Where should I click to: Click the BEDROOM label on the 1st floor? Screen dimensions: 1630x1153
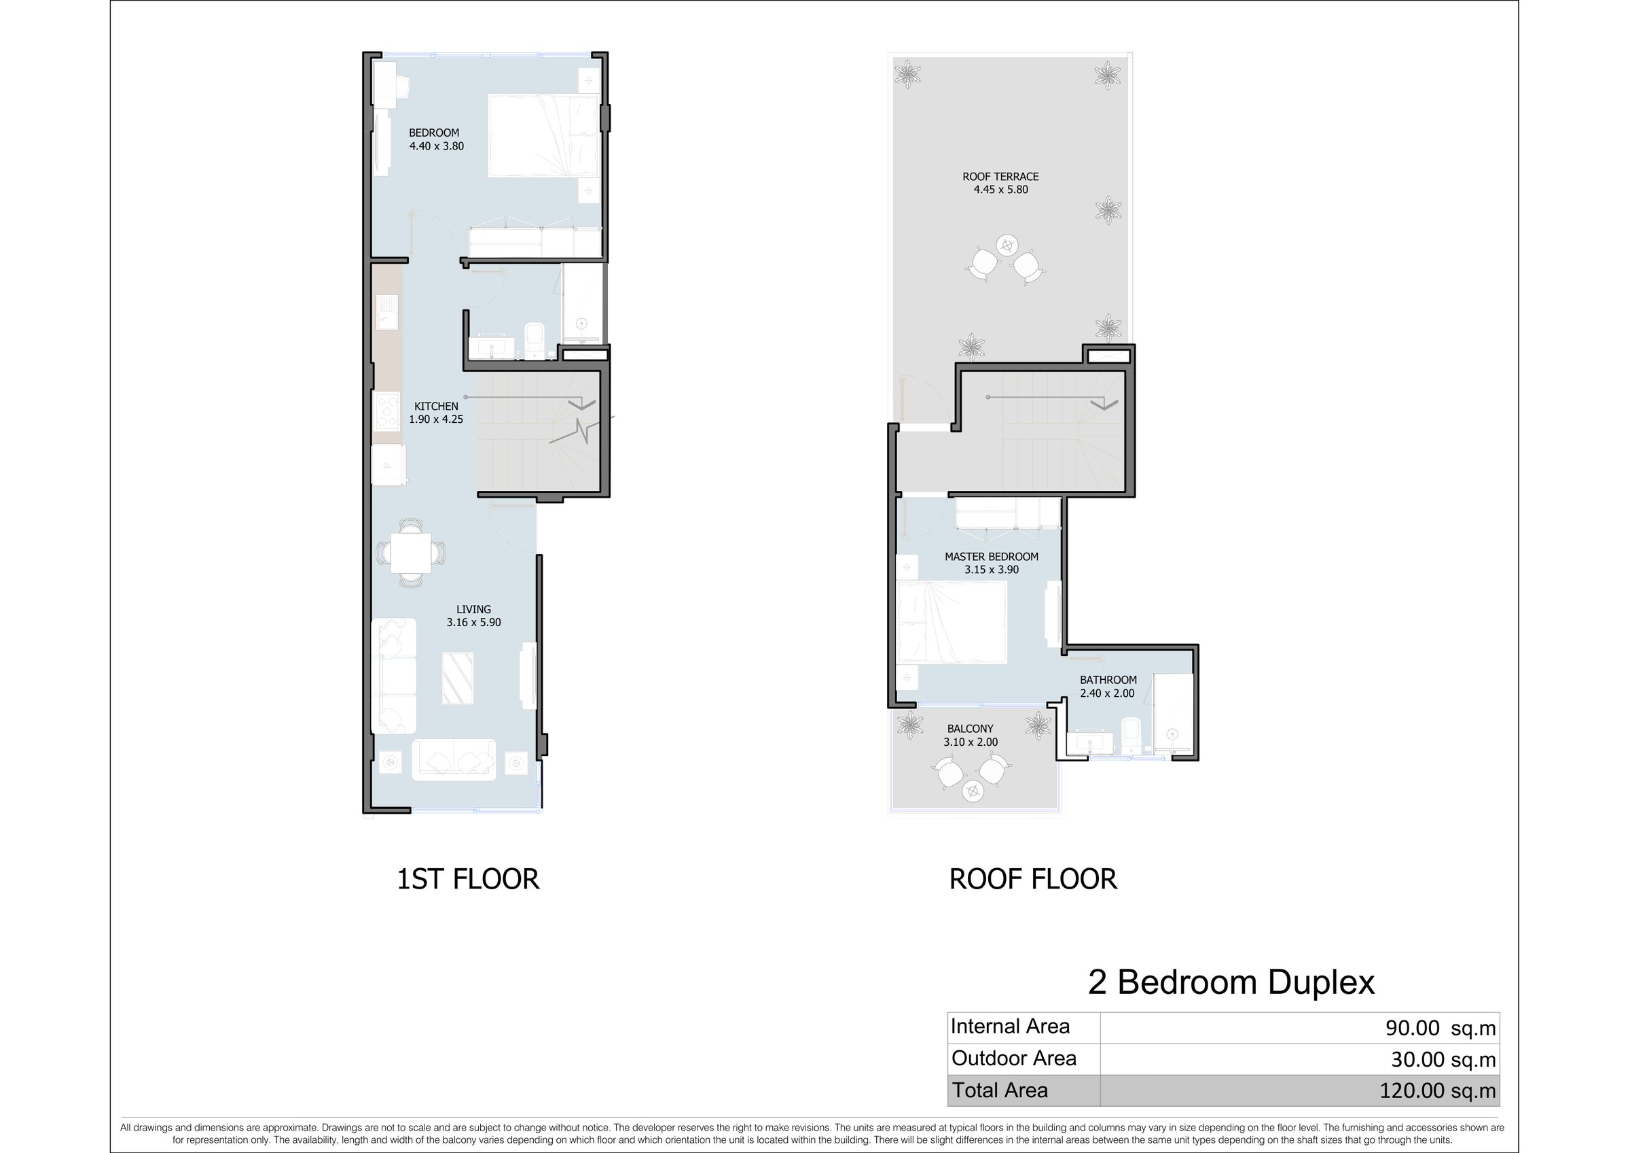[434, 133]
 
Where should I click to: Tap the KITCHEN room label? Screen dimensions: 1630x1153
[436, 407]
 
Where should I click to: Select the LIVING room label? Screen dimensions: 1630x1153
[473, 610]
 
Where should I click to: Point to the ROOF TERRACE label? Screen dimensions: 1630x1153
[1000, 177]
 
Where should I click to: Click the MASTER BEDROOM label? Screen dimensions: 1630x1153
[991, 557]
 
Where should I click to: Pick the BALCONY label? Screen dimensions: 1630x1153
[971, 729]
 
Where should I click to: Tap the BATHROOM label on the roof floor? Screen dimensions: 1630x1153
[1108, 680]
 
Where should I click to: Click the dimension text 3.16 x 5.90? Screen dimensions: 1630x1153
[473, 622]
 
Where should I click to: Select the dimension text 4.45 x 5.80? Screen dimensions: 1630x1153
[1000, 190]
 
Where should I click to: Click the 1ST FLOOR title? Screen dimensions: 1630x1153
[468, 880]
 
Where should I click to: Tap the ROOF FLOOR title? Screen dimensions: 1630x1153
[1033, 880]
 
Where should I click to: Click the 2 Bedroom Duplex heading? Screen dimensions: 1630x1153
[1231, 982]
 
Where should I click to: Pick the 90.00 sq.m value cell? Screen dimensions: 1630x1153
[1441, 1028]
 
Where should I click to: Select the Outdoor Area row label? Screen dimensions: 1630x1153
[1014, 1059]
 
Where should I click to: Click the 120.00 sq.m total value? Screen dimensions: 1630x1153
[1438, 1090]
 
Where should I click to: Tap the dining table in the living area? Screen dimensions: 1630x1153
[410, 553]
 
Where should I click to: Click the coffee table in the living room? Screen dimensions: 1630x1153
[458, 678]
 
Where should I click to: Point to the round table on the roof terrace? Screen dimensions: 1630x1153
[1007, 245]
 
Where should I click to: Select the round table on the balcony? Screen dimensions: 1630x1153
[973, 791]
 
